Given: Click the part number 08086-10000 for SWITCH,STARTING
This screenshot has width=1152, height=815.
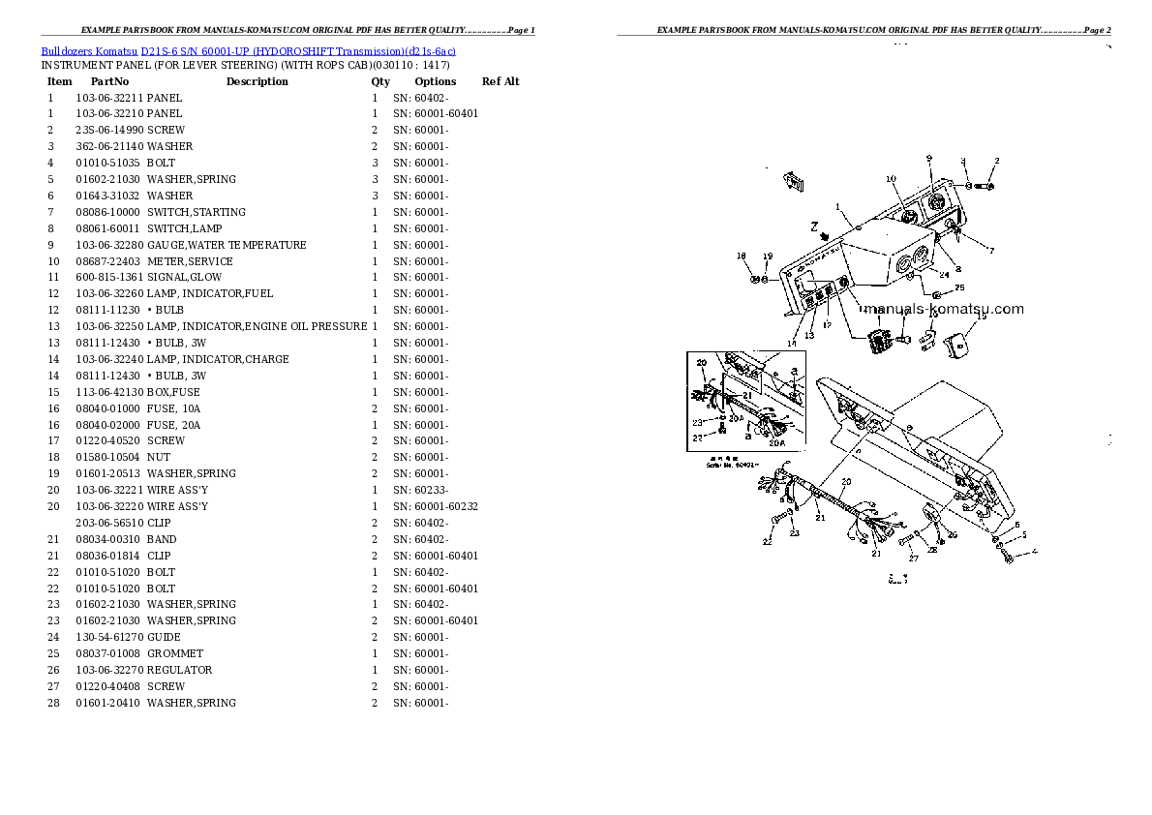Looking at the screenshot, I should click(107, 212).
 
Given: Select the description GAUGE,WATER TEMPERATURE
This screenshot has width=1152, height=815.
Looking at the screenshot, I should click(227, 245).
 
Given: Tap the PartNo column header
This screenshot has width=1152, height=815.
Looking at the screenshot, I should click(109, 81).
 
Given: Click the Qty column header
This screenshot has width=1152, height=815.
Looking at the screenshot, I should click(380, 81).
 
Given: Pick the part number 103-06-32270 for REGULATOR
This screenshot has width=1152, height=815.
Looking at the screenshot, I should click(108, 670).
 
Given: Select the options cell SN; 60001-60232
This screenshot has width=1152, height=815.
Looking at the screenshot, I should click(435, 506).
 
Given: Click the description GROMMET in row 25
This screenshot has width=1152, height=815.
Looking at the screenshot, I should click(175, 653).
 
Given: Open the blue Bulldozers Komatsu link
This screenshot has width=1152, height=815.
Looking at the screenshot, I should click(88, 50).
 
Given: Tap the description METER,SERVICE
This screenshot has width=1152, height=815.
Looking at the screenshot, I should click(190, 261).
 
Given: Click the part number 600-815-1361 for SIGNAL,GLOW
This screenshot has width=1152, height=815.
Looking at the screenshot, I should click(108, 278).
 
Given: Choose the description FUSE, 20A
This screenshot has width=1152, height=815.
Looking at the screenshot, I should click(174, 425).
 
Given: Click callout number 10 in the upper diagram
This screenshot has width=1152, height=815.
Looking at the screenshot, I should click(891, 179).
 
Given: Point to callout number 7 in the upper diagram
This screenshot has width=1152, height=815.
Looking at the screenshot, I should click(990, 251).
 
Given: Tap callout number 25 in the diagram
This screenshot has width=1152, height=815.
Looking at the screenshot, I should click(959, 288).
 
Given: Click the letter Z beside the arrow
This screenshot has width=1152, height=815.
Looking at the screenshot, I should click(815, 226).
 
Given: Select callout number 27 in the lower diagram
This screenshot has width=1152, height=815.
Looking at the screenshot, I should click(912, 558).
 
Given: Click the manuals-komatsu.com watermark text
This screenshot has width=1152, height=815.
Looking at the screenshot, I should click(943, 310).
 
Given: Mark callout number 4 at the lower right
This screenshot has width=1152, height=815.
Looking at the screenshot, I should click(1035, 552).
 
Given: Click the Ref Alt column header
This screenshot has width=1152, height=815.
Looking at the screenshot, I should click(500, 81).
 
